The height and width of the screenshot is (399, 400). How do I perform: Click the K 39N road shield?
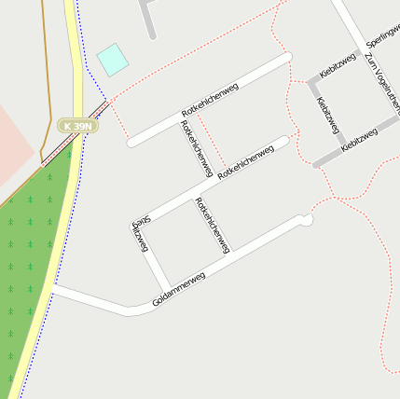pyautogui.click(x=76, y=125)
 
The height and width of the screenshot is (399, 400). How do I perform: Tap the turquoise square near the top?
pyautogui.click(x=112, y=59)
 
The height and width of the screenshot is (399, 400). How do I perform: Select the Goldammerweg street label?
pyautogui.click(x=178, y=290)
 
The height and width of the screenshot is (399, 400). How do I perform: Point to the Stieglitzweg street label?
pyautogui.click(x=140, y=236)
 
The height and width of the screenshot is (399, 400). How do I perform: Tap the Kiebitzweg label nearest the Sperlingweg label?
pyautogui.click(x=338, y=65)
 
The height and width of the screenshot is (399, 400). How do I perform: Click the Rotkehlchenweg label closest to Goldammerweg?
pyautogui.click(x=213, y=225)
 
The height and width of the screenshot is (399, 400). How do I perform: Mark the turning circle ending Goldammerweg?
pyautogui.click(x=304, y=220)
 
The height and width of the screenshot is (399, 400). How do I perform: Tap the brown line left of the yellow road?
pyautogui.click(x=45, y=93)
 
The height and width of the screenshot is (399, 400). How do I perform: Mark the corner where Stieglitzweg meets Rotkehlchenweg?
pyautogui.click(x=135, y=224)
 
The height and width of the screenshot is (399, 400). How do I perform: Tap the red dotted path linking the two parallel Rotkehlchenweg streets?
pyautogui.click(x=211, y=142)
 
